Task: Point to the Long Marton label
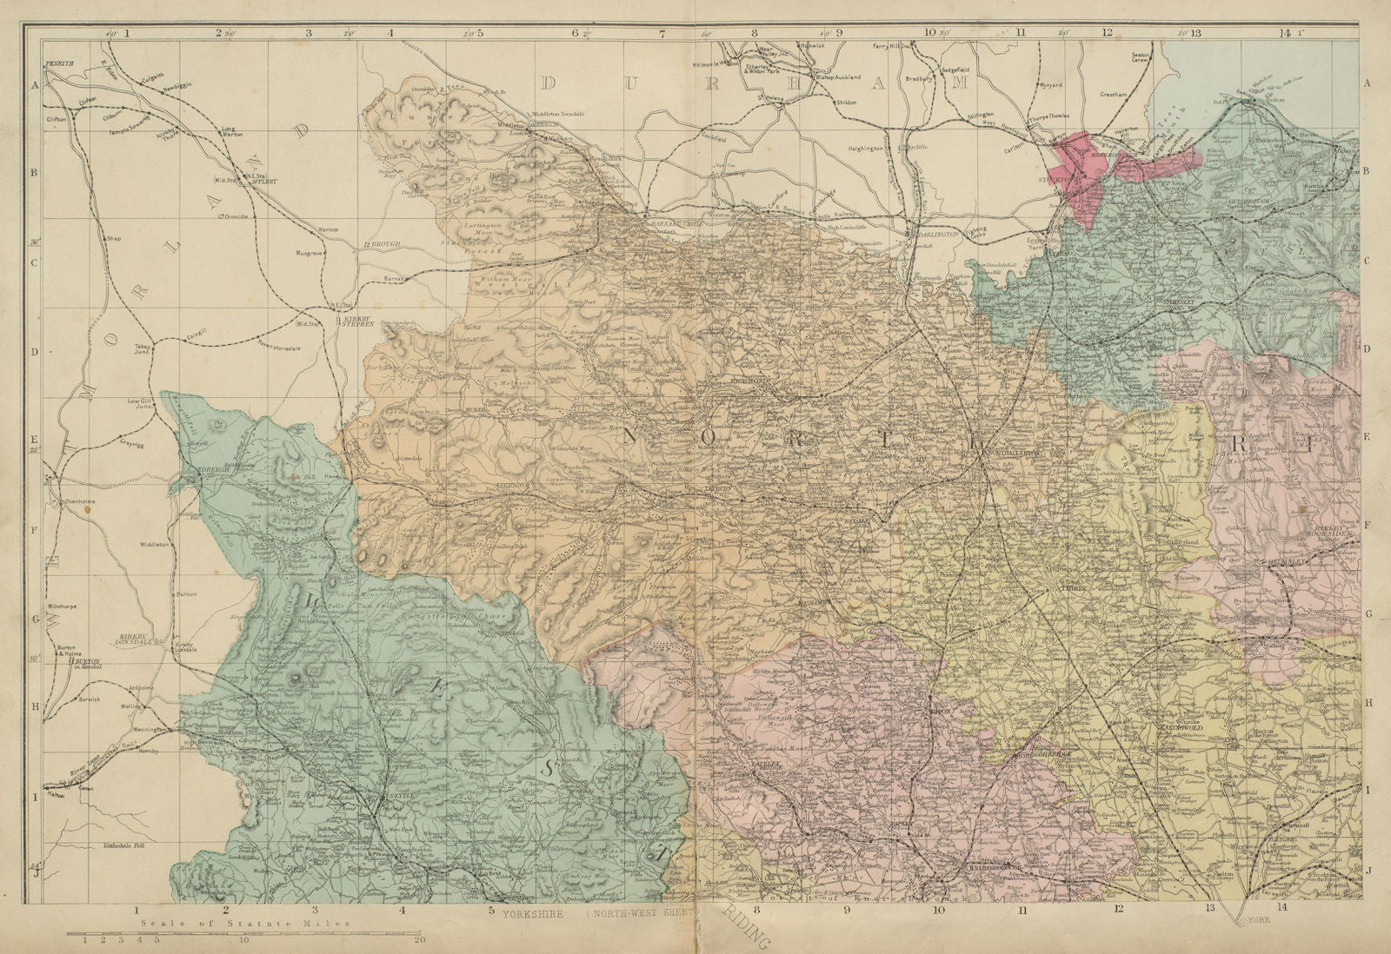click(x=234, y=132)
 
